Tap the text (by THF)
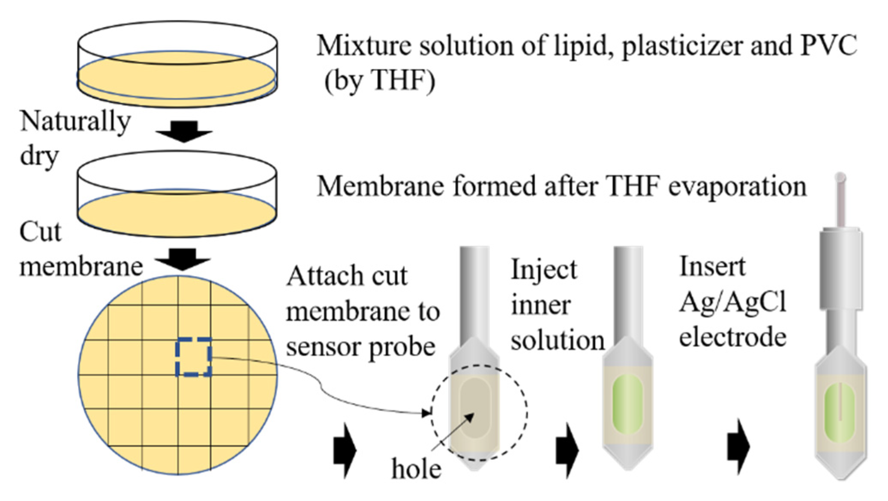(x=379, y=80)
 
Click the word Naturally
(x=75, y=122)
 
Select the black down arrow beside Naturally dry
(x=184, y=131)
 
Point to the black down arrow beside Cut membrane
(x=183, y=259)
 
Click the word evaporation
(x=737, y=187)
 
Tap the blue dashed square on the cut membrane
(x=194, y=357)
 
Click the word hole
(x=416, y=469)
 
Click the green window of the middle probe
(x=628, y=405)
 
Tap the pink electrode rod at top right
(x=840, y=201)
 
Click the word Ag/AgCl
(x=733, y=302)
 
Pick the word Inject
(x=544, y=270)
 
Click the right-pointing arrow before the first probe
(x=345, y=450)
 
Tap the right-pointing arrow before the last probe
(x=738, y=447)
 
